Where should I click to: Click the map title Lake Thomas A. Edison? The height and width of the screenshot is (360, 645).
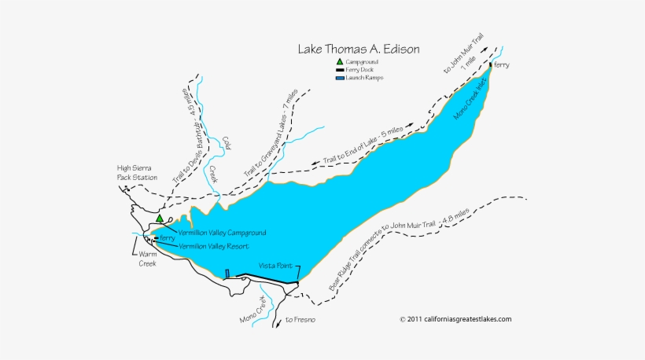point(358,49)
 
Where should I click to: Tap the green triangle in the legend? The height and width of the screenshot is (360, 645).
point(339,61)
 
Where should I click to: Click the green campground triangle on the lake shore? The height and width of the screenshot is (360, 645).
point(160,219)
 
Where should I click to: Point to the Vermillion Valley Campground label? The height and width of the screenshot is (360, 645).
point(222,233)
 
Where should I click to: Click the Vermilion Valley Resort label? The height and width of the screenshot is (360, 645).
point(214,246)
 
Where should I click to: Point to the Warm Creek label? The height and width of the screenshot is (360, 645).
point(143,259)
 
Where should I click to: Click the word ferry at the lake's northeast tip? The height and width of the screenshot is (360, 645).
point(501,64)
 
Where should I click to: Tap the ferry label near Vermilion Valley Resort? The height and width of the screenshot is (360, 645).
point(166,238)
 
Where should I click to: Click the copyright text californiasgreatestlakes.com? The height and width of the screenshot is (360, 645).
point(455,319)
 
